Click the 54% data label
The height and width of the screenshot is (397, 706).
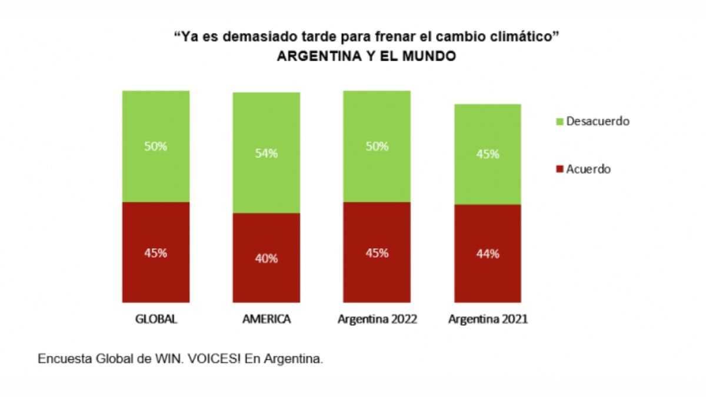click(x=267, y=154)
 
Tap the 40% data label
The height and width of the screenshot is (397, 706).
click(x=267, y=258)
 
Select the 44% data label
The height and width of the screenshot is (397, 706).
click(x=488, y=254)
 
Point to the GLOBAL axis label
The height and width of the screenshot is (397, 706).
click(x=156, y=320)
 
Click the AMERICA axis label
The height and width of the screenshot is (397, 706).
click(x=267, y=320)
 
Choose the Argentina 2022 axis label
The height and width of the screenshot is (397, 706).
click(x=377, y=320)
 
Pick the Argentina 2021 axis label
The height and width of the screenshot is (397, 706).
click(x=488, y=320)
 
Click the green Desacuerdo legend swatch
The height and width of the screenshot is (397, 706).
click(x=559, y=122)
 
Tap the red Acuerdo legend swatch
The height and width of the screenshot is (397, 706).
click(x=559, y=169)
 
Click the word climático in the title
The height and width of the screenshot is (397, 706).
click(x=526, y=37)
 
